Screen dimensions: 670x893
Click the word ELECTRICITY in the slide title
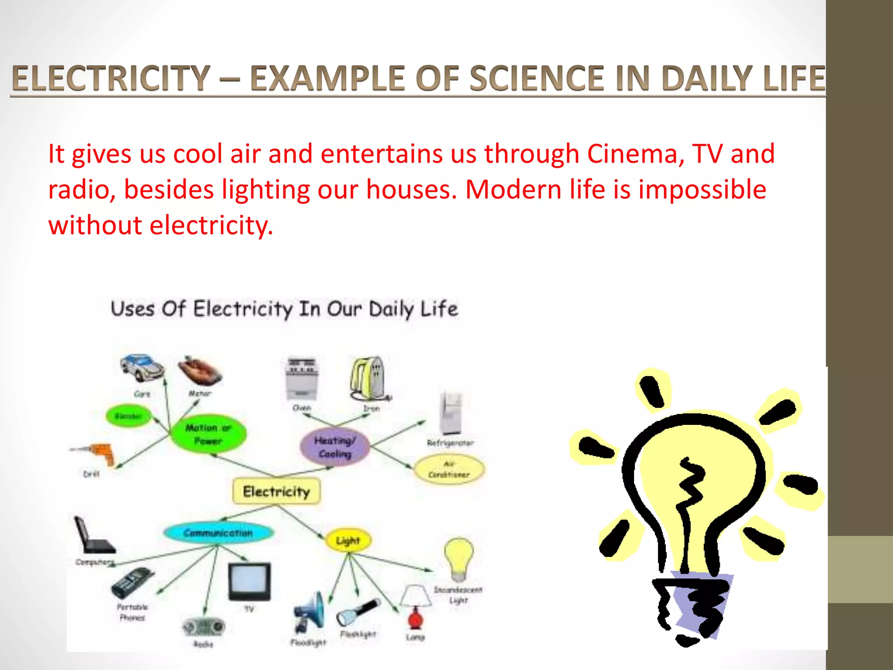111,78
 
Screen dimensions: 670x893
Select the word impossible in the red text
702,190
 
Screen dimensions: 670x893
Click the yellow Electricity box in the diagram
276,492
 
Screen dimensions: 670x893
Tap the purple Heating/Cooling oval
335,447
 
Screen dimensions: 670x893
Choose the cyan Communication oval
218,533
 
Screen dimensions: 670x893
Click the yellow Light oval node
348,540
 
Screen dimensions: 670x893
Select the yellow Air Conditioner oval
449,469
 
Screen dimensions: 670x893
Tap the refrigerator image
451,412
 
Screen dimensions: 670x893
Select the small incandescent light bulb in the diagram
459,558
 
